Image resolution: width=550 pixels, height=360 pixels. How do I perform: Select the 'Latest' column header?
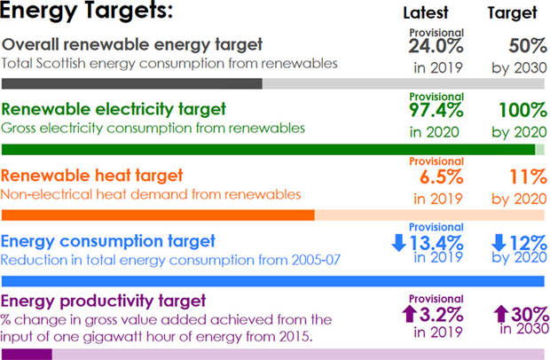426,12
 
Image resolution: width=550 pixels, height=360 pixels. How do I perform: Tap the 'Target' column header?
513,12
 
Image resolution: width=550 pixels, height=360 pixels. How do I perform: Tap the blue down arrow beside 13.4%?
398,241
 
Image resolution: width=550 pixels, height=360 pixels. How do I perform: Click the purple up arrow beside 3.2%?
409,313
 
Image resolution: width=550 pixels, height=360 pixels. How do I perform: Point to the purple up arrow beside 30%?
500,313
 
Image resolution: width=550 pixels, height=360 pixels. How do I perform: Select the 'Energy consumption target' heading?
108,240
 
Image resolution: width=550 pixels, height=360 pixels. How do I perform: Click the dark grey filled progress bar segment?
132,83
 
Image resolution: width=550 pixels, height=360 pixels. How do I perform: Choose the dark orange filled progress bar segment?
159,215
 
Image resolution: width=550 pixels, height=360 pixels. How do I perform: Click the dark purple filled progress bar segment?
27,354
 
